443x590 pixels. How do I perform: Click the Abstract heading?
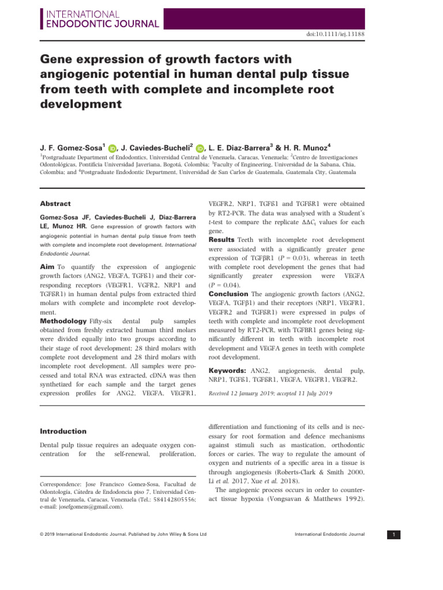pos(56,203)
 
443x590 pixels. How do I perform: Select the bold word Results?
pos(222,239)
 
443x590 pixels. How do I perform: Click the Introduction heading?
pos(63,431)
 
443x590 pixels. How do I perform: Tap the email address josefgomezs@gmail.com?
pos(85,507)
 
